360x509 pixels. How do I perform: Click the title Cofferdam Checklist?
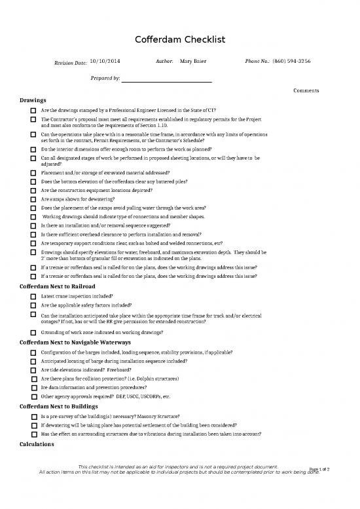[x=180, y=40]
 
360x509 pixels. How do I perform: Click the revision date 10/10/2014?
[x=105, y=61]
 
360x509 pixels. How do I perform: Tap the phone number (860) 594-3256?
[x=291, y=61]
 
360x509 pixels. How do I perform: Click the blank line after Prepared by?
[x=168, y=79]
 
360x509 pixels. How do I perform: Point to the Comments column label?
[x=306, y=90]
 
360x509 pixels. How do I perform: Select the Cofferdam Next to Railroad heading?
[x=58, y=287]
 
